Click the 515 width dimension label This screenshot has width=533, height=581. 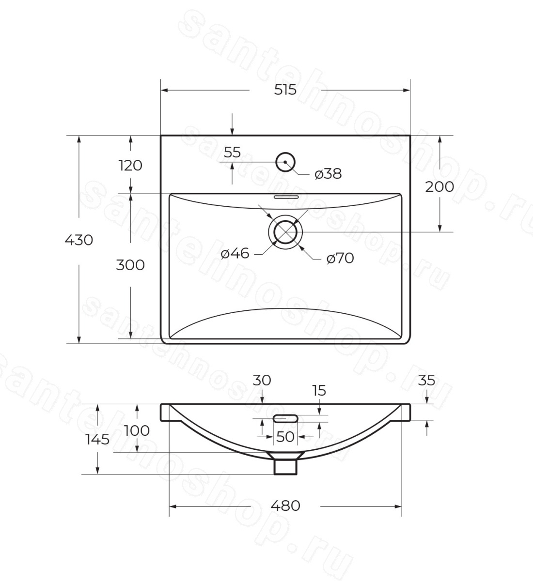pyautogui.click(x=285, y=90)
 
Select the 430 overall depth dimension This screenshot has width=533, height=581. pyautogui.click(x=79, y=240)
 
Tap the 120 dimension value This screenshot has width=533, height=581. pyautogui.click(x=130, y=166)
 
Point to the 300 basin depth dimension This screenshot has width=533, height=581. pyautogui.click(x=130, y=265)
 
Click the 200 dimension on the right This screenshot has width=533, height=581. pyautogui.click(x=439, y=187)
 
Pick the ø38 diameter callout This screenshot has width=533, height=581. pyautogui.click(x=328, y=174)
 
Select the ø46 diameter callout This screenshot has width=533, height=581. pyautogui.click(x=235, y=253)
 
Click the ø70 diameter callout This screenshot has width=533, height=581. pyautogui.click(x=340, y=258)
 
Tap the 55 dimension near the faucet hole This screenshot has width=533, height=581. pyautogui.click(x=233, y=153)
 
